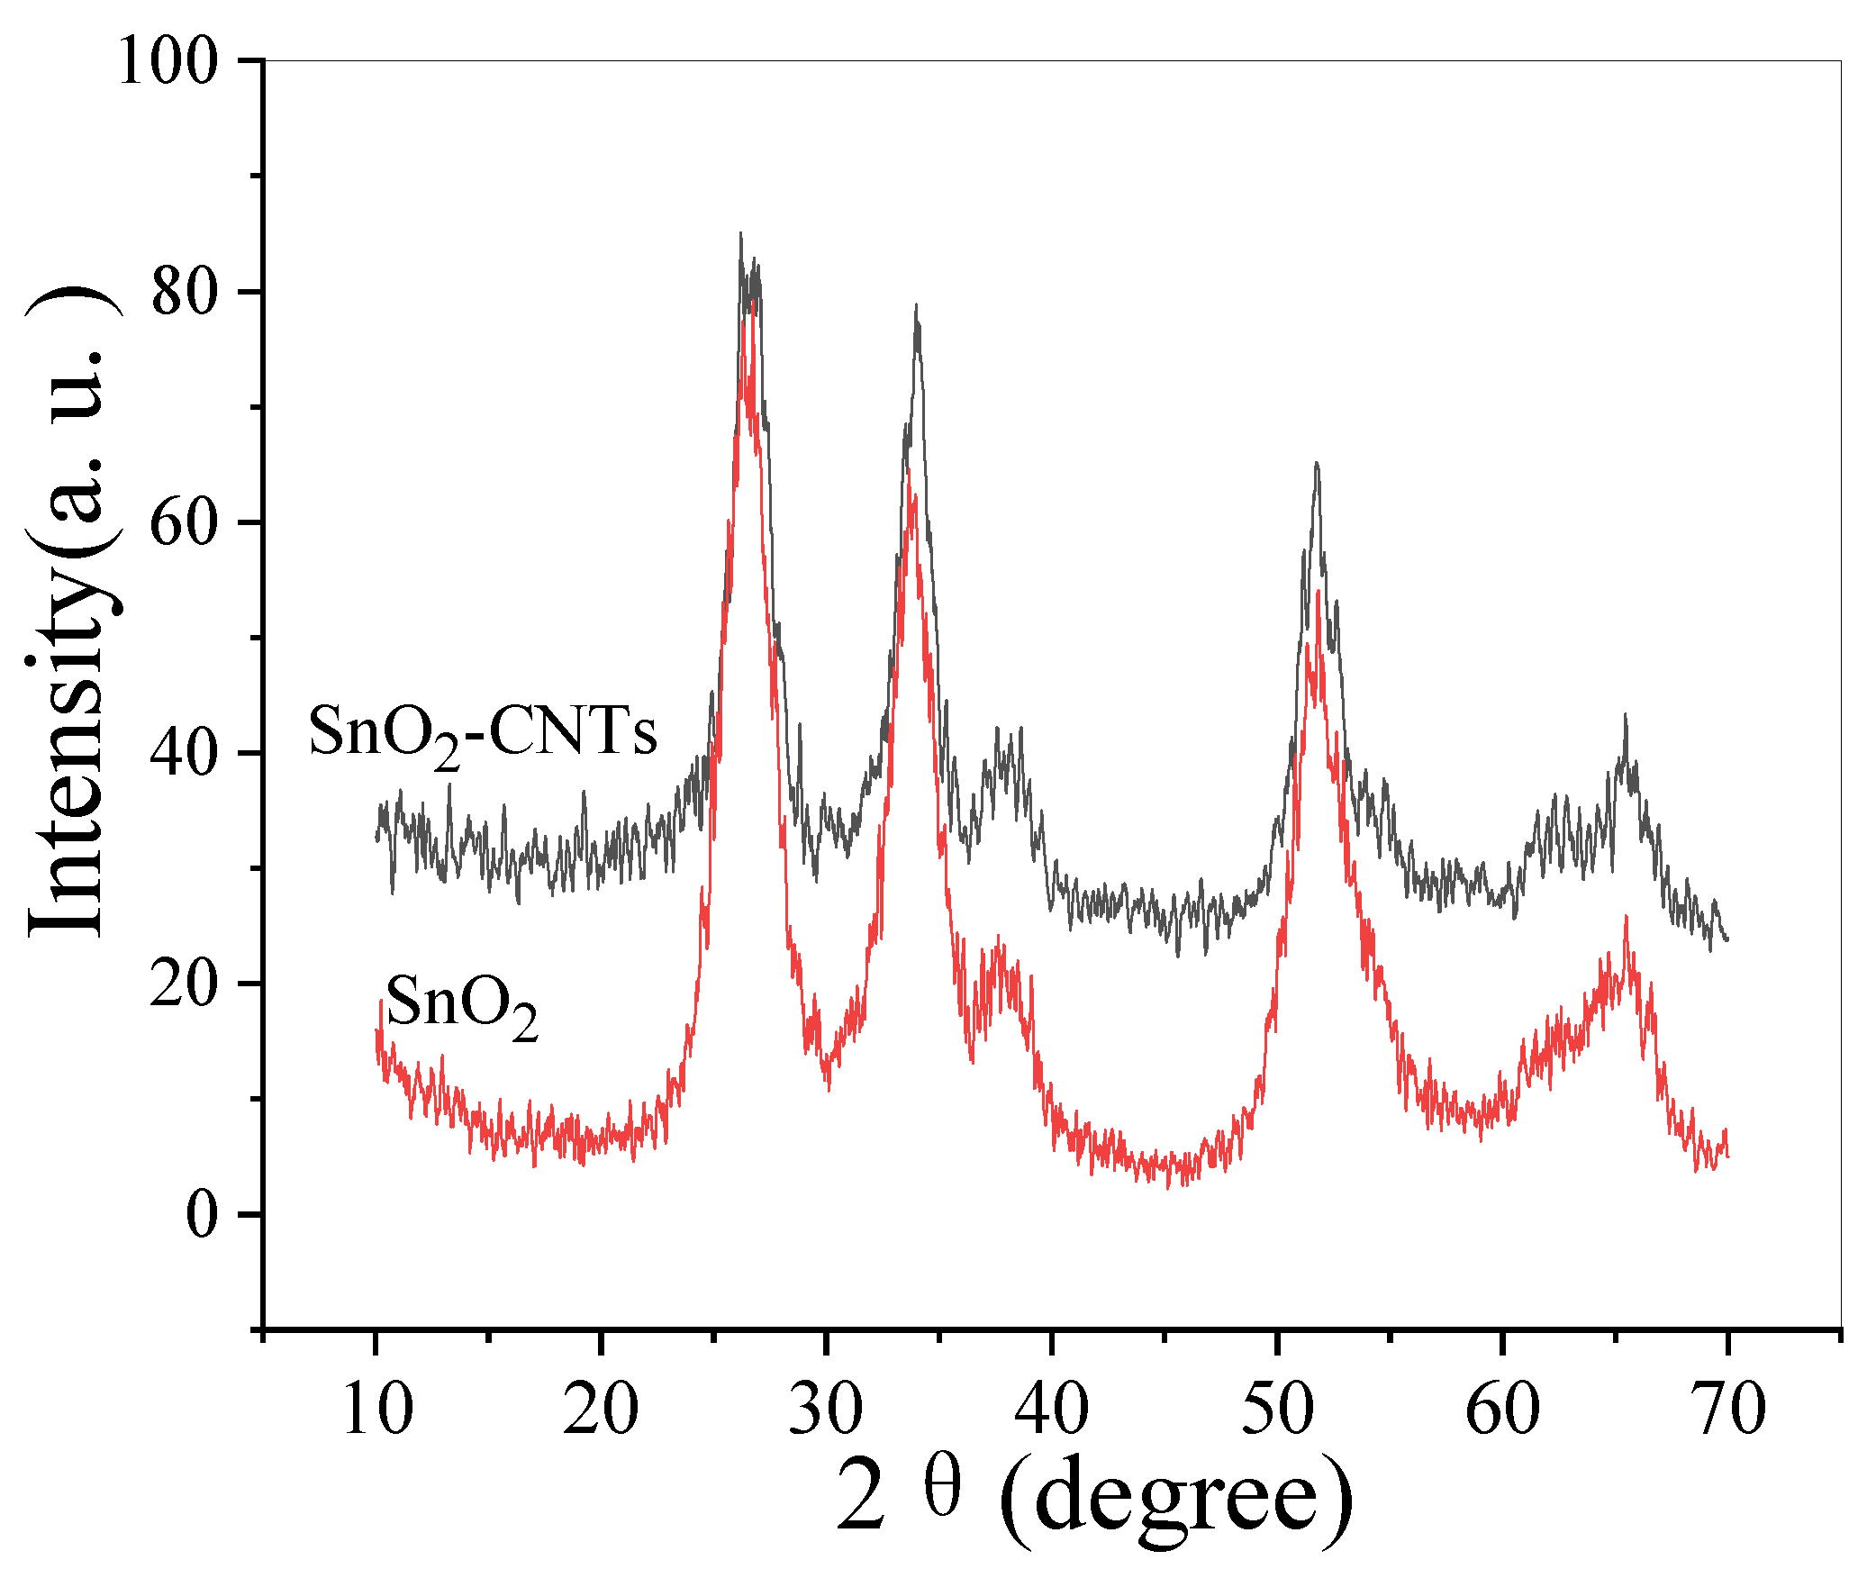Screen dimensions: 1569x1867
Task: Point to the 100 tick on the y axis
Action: coord(168,63)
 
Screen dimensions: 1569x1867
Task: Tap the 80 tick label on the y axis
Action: coord(185,293)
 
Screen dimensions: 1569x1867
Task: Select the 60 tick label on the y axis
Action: coord(185,523)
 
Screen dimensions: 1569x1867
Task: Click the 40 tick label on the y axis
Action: coord(185,754)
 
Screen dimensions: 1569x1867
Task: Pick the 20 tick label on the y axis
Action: coord(185,984)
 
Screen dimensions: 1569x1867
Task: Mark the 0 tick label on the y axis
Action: coord(202,1215)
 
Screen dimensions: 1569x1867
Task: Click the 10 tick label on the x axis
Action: coord(377,1410)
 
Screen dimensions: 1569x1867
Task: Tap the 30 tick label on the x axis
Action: coord(826,1410)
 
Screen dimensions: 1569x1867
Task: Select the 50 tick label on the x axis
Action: coord(1277,1410)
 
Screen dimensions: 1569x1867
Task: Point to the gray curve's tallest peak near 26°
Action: coord(741,236)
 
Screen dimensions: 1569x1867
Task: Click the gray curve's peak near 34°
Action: coord(917,307)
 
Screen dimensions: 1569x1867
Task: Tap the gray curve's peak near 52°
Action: coord(1317,465)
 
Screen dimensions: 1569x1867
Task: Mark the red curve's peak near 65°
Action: coord(1626,919)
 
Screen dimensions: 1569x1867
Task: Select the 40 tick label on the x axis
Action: coord(1051,1410)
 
